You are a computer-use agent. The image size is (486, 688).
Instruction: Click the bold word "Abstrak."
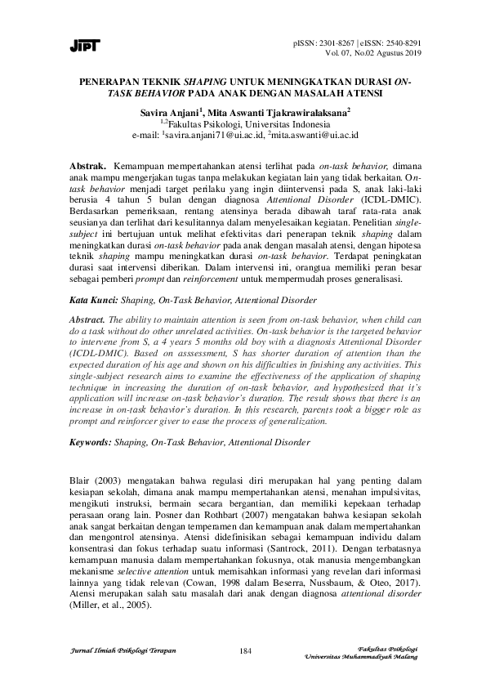click(x=89, y=165)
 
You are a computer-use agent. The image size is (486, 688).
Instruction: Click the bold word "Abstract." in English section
click(x=90, y=319)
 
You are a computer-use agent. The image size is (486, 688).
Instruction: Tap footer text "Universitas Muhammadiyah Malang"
click(x=361, y=656)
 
